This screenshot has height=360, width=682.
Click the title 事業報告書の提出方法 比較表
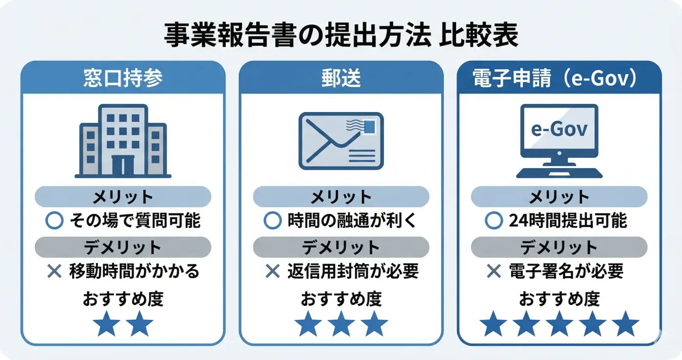pyautogui.click(x=341, y=36)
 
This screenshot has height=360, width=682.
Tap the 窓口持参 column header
pyautogui.click(x=123, y=78)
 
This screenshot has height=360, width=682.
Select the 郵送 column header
pyautogui.click(x=341, y=78)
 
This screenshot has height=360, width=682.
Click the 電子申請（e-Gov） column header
pyautogui.click(x=559, y=78)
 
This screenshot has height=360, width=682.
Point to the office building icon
pyautogui.click(x=123, y=141)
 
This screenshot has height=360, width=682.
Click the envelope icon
pyautogui.click(x=341, y=141)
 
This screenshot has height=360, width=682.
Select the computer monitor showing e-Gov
pyautogui.click(x=559, y=131)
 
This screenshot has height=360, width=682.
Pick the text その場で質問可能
pyautogui.click(x=135, y=221)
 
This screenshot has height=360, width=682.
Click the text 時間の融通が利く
pyautogui.click(x=352, y=221)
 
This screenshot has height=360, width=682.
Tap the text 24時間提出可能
pyautogui.click(x=568, y=221)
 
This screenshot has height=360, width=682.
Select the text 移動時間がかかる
pyautogui.click(x=134, y=271)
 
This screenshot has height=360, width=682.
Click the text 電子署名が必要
pyautogui.click(x=566, y=271)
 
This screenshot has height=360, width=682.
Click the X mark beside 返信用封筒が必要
pyautogui.click(x=272, y=271)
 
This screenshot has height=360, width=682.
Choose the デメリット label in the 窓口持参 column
pyautogui.click(x=123, y=247)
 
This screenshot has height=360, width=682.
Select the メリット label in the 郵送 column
pyautogui.click(x=341, y=197)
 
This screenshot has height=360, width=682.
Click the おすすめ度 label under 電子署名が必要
pyautogui.click(x=559, y=299)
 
